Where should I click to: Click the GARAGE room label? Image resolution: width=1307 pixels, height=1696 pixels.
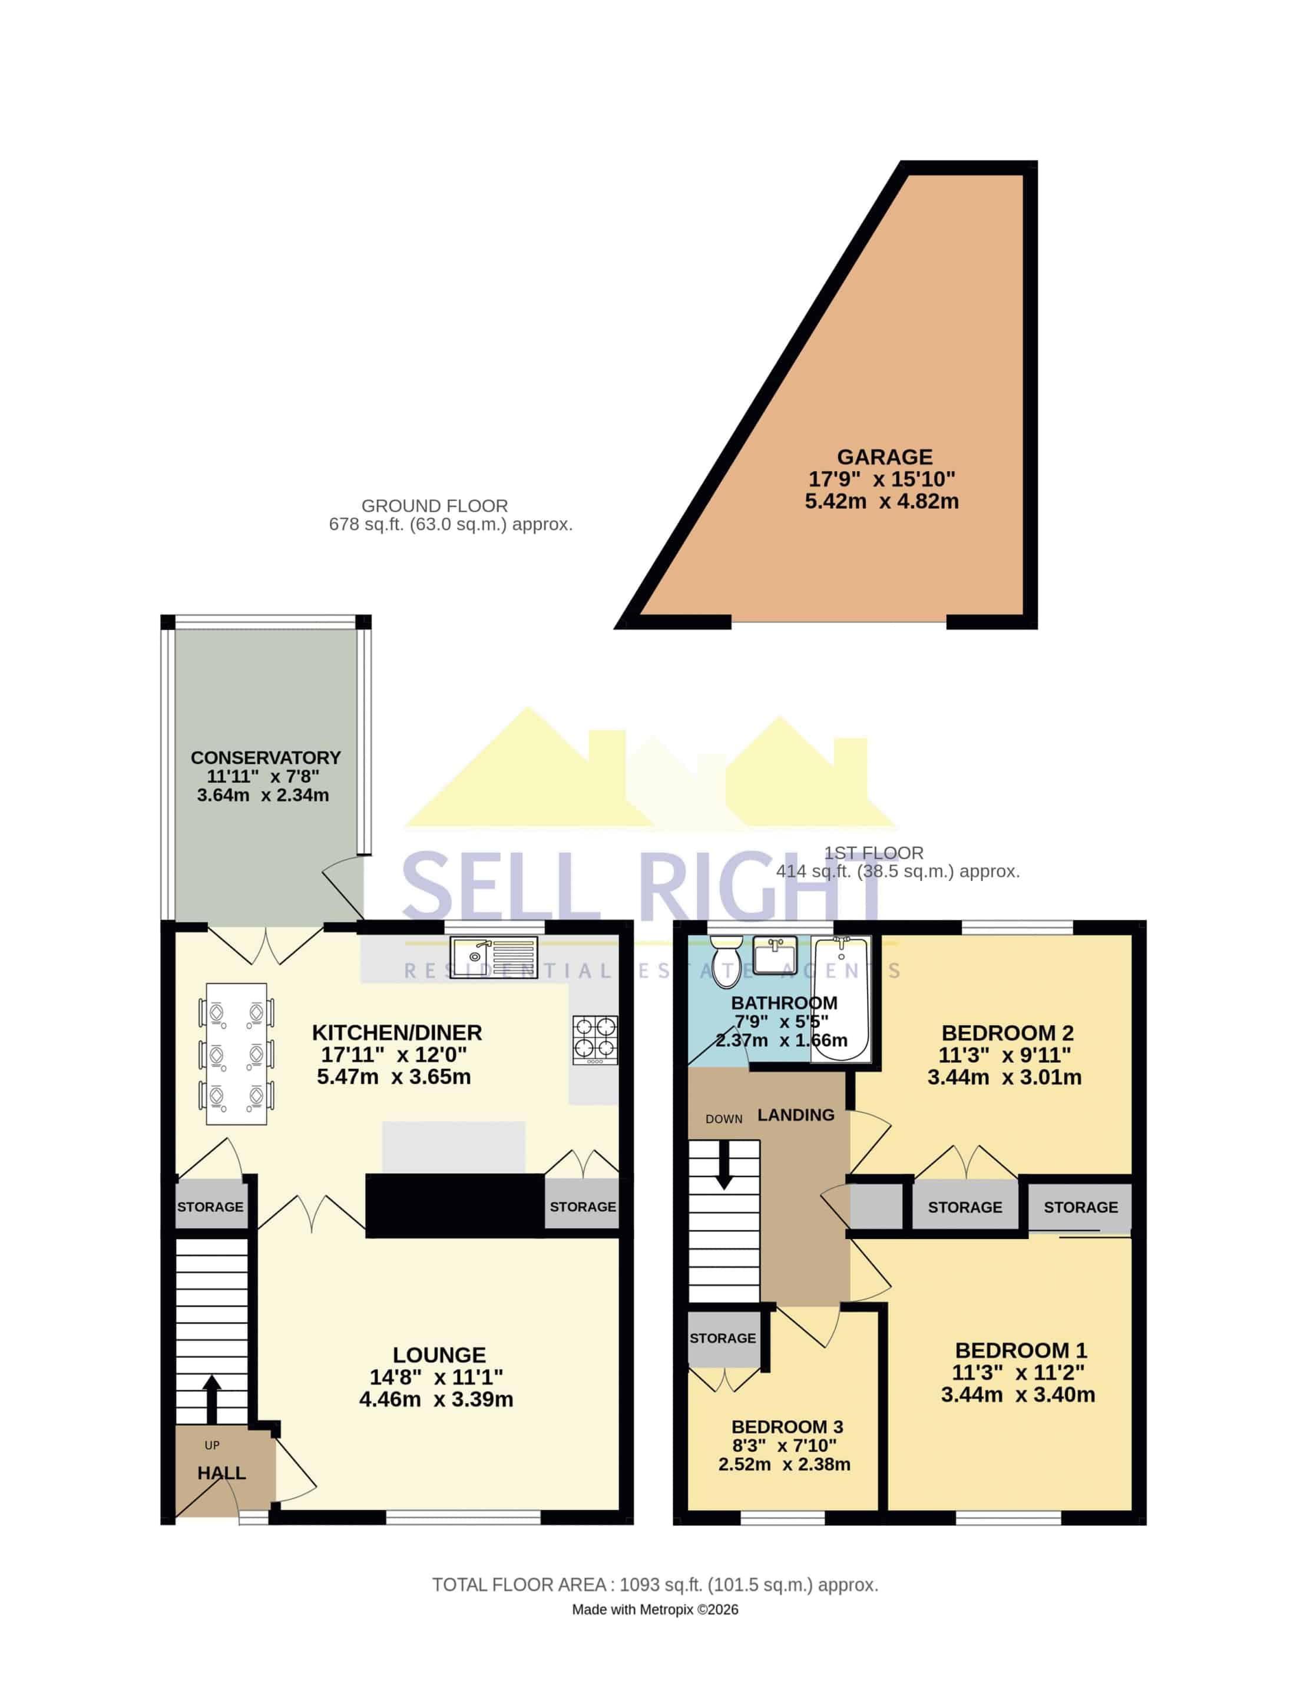point(884,456)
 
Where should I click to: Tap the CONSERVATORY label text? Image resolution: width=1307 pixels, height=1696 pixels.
point(266,757)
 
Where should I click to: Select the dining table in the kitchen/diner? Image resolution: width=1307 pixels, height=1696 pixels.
point(237,1053)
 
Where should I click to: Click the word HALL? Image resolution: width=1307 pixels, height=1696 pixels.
point(221,1473)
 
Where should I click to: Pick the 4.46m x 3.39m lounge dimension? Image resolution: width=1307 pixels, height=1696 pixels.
point(436,1399)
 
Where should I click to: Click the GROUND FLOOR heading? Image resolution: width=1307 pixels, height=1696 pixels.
point(435,506)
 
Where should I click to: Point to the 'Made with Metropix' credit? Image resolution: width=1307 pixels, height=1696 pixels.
point(654,1610)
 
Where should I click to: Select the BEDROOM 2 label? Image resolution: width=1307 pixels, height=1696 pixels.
point(1007,1033)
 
